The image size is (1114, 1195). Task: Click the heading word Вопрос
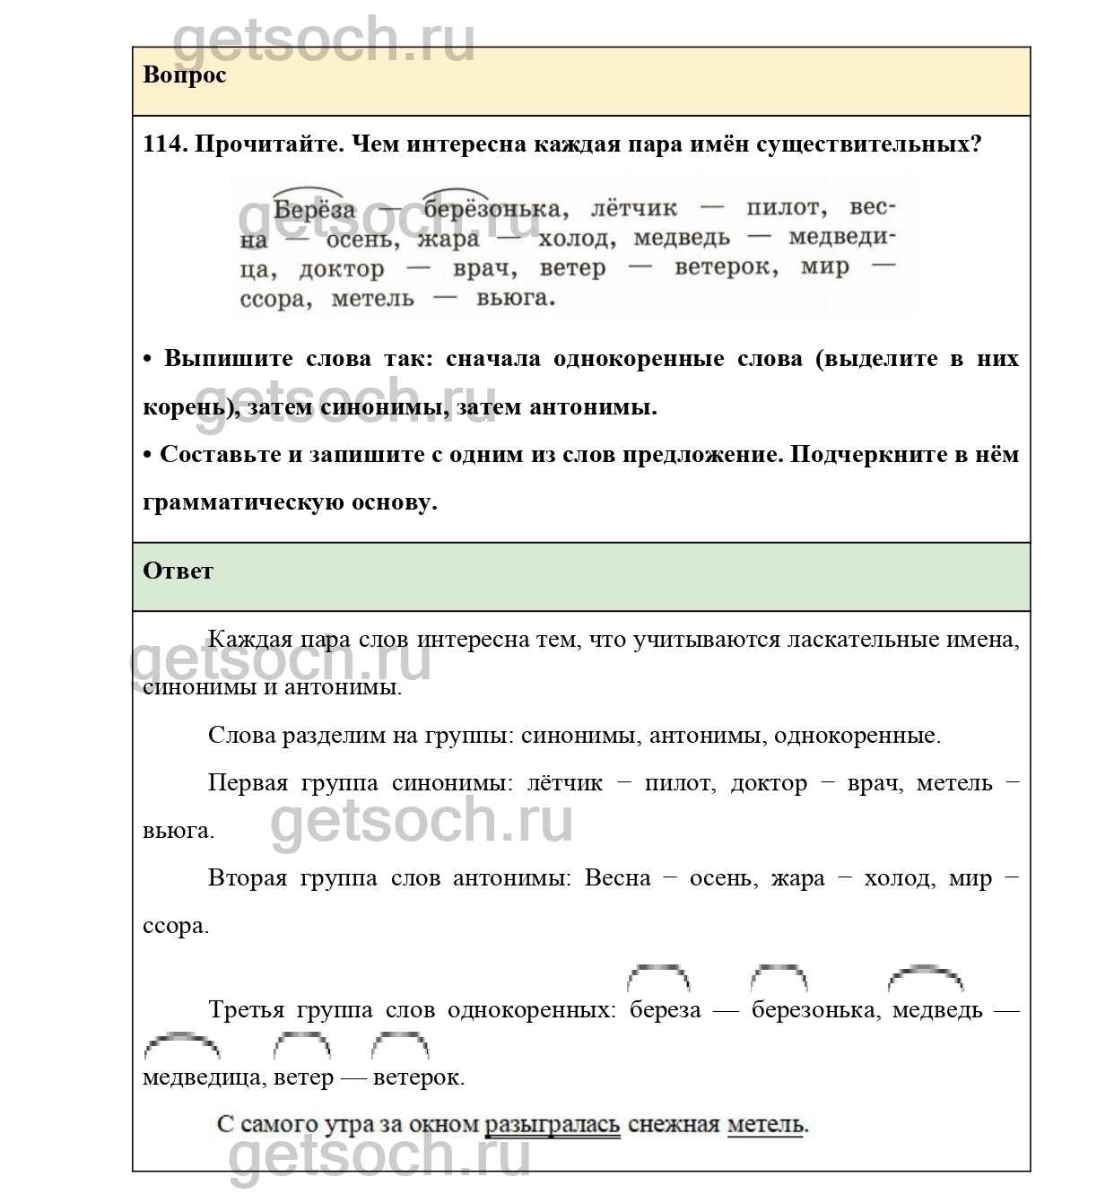click(184, 74)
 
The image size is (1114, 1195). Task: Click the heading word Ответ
click(178, 571)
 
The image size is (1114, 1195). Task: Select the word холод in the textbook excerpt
click(578, 239)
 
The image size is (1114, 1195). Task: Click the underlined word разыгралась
click(552, 1124)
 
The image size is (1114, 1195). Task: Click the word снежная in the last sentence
click(674, 1124)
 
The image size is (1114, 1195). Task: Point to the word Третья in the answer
click(248, 1009)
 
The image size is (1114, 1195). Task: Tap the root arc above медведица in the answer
click(181, 1042)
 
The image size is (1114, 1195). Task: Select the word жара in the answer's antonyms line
click(797, 877)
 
